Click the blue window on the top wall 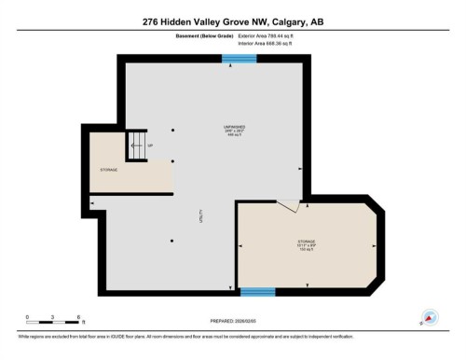point(240,59)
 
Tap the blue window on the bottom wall point(258,292)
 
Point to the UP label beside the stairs point(150,146)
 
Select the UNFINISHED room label point(234,127)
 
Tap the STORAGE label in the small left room point(109,170)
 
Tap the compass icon point(431,318)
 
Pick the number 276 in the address point(151,21)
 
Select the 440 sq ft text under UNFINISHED point(234,136)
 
